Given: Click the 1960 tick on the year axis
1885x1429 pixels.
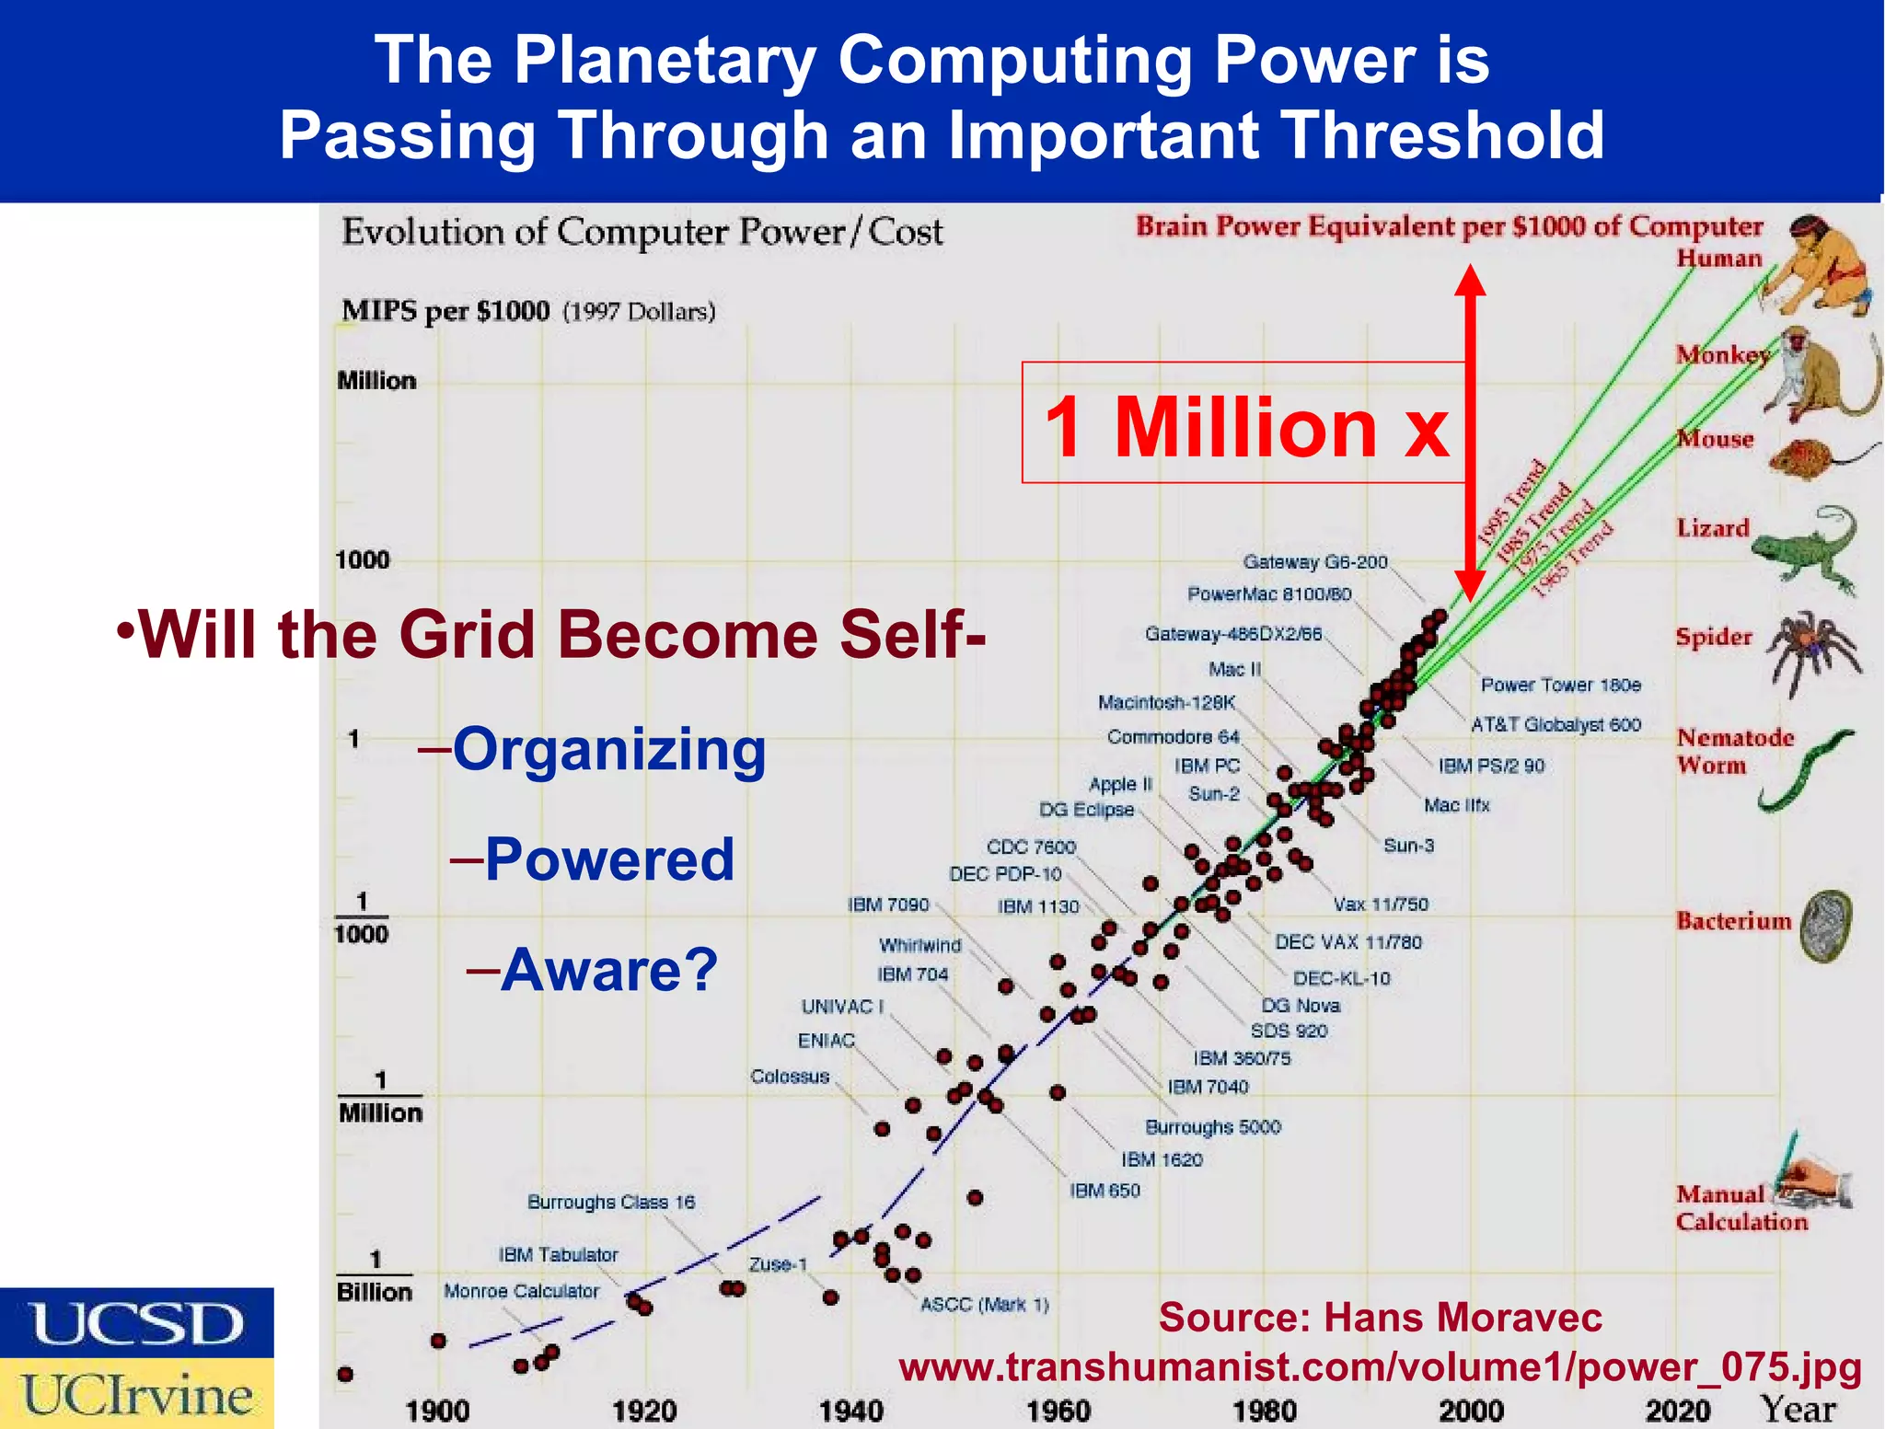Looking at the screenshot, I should (x=1058, y=1410).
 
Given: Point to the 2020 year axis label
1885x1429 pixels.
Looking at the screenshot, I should (x=1677, y=1410).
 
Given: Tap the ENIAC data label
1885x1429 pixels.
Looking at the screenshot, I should (x=826, y=1040).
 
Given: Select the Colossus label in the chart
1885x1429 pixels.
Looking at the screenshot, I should (x=790, y=1076).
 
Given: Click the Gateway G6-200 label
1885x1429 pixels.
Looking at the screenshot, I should (x=1314, y=561).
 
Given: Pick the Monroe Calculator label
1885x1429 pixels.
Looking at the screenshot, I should (x=521, y=1291).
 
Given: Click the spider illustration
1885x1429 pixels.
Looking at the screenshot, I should (x=1810, y=650).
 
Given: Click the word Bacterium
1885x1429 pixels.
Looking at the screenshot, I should (x=1733, y=920).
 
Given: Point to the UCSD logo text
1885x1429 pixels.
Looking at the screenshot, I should (x=136, y=1323).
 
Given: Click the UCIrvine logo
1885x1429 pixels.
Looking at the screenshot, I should (x=136, y=1394).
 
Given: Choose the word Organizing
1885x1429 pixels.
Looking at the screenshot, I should (x=608, y=749).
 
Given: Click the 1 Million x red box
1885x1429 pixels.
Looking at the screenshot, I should (x=1244, y=423).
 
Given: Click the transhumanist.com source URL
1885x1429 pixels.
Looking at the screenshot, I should (x=1380, y=1366).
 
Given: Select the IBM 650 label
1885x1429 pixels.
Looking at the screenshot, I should (x=1104, y=1190).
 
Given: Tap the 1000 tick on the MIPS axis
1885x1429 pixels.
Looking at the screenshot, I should (x=363, y=559).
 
